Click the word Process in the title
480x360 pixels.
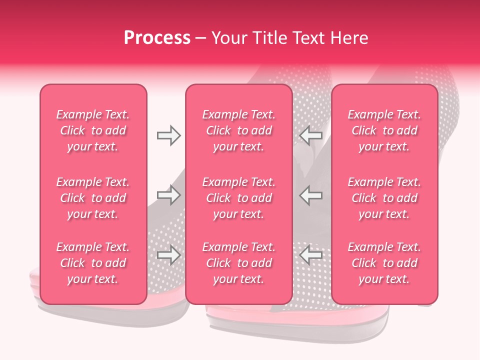pos(157,38)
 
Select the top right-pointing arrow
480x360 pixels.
pos(168,135)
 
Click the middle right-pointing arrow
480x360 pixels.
pos(168,195)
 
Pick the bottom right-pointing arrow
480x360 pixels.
pos(168,255)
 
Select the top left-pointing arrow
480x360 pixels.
pos(311,135)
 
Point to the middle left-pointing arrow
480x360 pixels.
pos(311,195)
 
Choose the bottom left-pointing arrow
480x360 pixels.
pos(311,255)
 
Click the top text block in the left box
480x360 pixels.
pos(93,130)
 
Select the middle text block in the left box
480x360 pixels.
pos(93,198)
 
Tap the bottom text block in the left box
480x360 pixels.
pos(93,263)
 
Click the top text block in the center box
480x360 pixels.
pos(238,130)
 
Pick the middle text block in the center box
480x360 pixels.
pos(238,198)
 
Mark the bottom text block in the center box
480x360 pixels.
pos(238,263)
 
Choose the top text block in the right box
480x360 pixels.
pos(384,130)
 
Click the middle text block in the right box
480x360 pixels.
pos(384,198)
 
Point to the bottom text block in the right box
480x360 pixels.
pos(384,263)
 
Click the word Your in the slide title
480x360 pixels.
pos(228,38)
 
